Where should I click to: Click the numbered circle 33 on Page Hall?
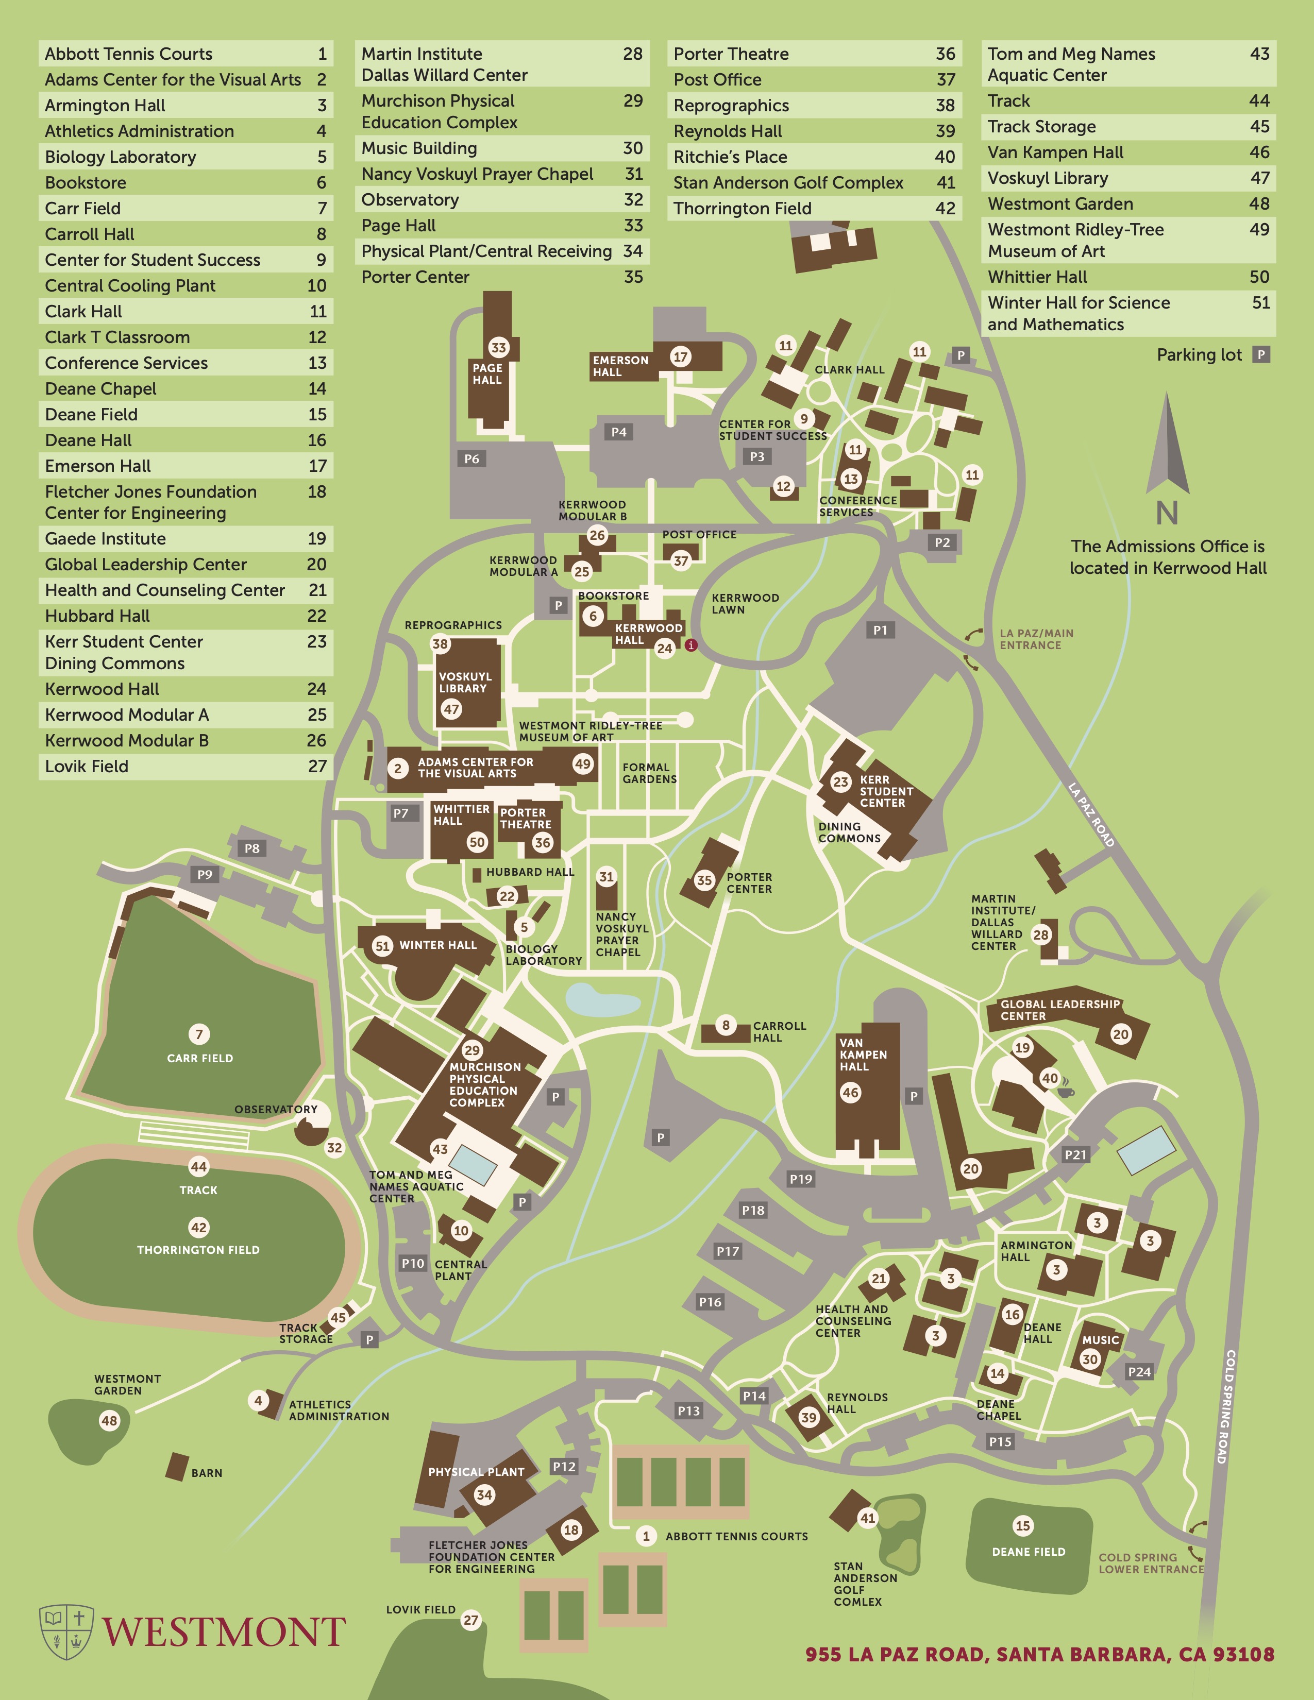498,348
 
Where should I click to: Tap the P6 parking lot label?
471,458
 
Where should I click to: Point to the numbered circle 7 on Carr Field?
199,1034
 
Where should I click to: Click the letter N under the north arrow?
1167,514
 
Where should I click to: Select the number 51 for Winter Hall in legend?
1260,303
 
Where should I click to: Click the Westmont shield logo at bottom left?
66,1631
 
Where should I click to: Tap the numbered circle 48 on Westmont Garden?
109,1421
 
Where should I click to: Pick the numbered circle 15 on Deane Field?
1023,1526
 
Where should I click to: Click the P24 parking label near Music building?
1139,1371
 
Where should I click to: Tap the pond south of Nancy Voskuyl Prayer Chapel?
602,999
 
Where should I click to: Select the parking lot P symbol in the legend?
1261,355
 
